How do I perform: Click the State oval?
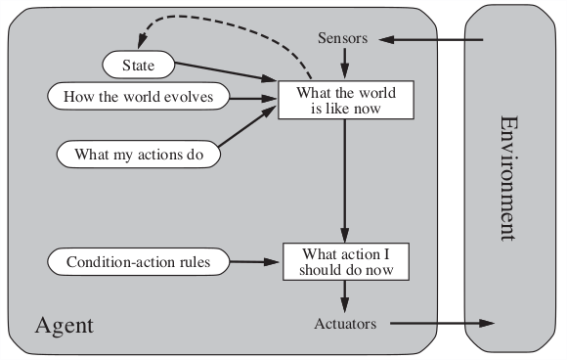[x=140, y=66]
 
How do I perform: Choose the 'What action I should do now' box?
[x=344, y=261]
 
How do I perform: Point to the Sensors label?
[x=343, y=38]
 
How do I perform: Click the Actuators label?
[x=345, y=324]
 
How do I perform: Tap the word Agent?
[x=65, y=324]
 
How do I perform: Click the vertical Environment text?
[x=509, y=178]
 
